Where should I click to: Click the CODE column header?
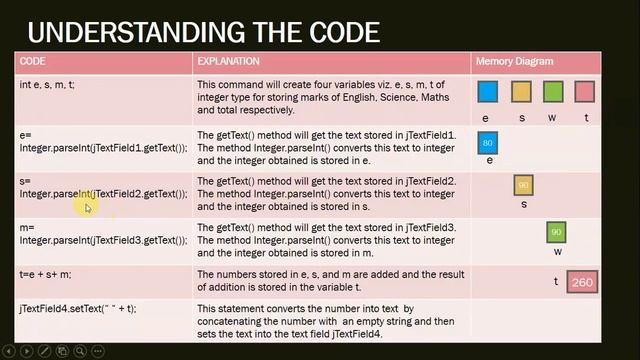pos(32,62)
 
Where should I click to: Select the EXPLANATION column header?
pos(228,62)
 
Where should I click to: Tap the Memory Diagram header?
pos(514,62)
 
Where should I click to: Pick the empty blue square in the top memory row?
pos(487,93)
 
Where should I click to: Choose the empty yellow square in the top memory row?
pos(521,93)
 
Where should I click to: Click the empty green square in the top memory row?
pos(553,93)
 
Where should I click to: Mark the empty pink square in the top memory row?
pos(585,93)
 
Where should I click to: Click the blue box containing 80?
pos(488,144)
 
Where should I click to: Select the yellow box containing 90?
pos(523,185)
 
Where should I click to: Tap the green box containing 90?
pos(556,232)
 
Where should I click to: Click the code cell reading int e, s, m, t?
pos(47,84)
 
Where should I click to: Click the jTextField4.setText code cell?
pos(77,308)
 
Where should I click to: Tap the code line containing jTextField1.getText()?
pos(103,148)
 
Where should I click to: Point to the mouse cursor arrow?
pos(87,207)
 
